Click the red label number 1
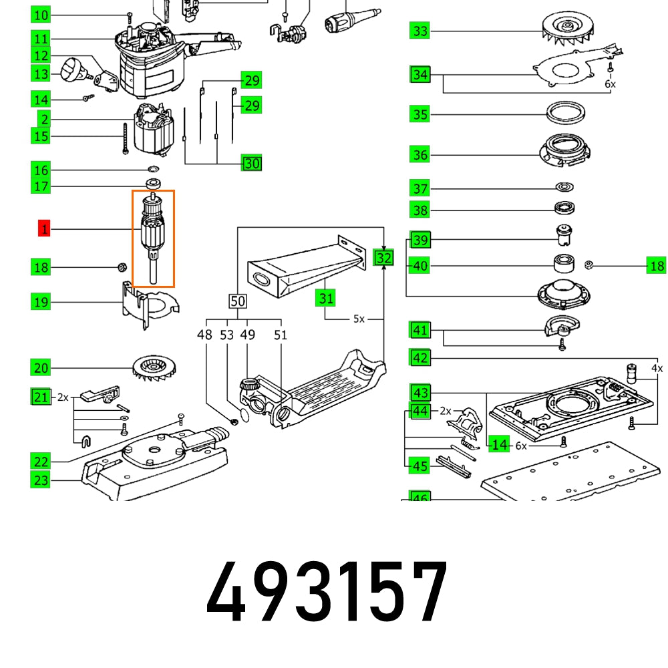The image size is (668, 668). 44,230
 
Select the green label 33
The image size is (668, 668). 420,31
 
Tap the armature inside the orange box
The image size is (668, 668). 153,237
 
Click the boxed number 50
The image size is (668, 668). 238,301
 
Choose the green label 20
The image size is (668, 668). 41,367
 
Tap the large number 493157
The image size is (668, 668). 327,593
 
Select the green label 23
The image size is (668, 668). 41,479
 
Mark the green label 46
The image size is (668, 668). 420,497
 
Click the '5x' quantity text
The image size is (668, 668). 359,319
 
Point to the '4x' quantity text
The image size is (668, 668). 657,368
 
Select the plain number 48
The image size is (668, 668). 205,335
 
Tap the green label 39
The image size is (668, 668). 421,240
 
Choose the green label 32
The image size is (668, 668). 383,258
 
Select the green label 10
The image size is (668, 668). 41,15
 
